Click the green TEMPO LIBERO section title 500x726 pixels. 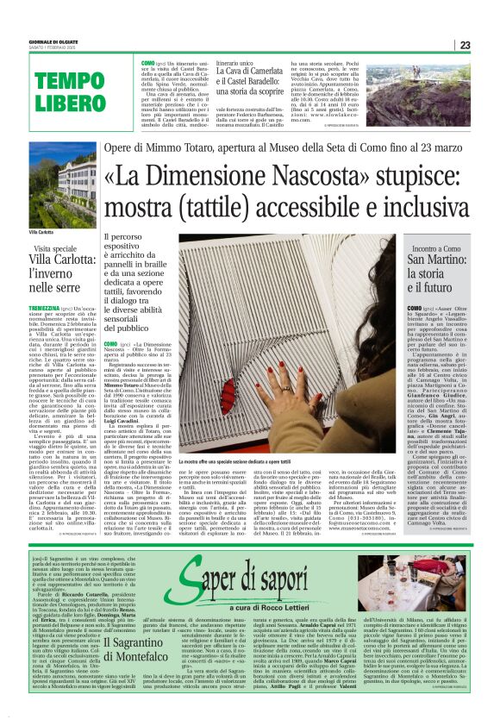pos(64,90)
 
